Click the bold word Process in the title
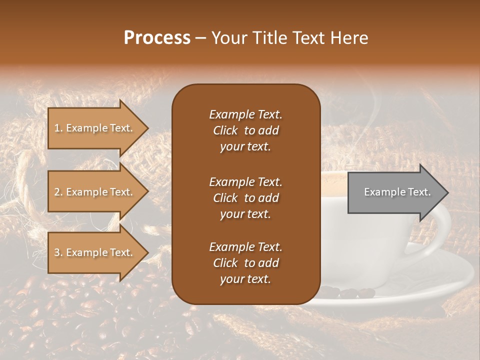point(157,37)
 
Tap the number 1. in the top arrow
point(58,128)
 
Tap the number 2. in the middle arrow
point(58,192)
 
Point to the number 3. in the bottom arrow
point(58,252)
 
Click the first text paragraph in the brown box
point(245,130)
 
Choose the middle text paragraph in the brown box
point(245,198)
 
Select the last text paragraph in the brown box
point(245,263)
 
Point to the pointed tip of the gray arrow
point(447,192)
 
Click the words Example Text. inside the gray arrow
point(397,192)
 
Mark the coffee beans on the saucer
point(345,292)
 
